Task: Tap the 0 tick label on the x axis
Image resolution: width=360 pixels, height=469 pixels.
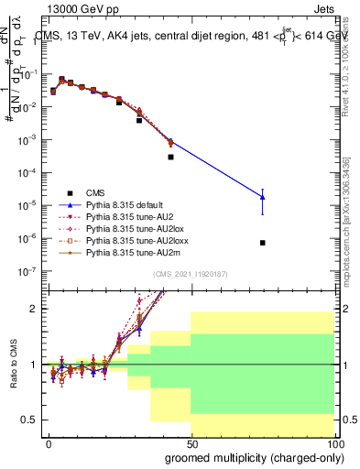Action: coord(49,444)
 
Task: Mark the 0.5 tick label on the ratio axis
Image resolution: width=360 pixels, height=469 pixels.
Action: coord(28,420)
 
